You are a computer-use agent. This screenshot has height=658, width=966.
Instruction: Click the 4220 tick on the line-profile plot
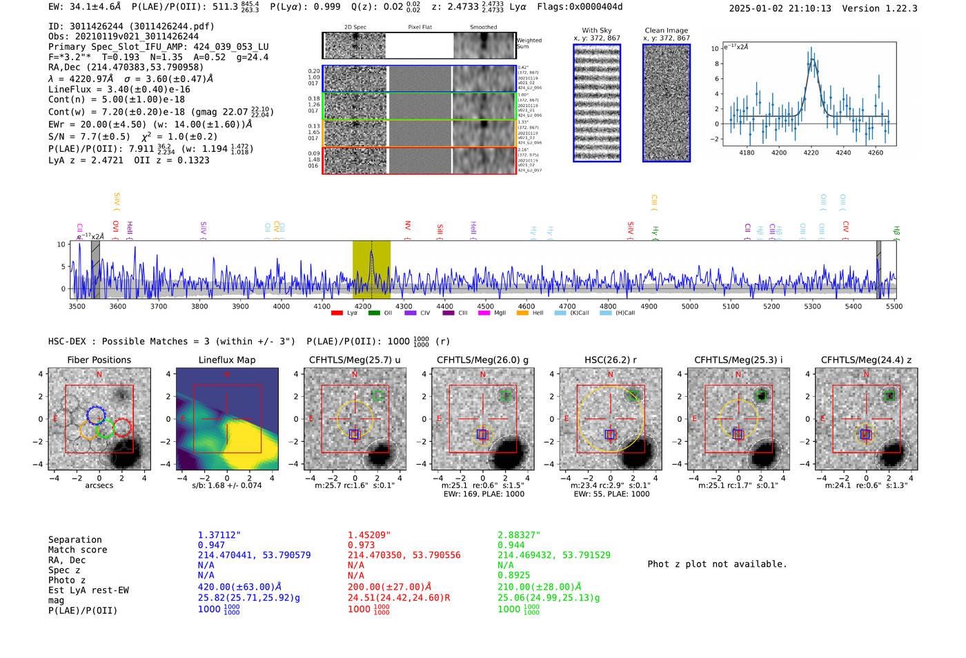tap(811, 153)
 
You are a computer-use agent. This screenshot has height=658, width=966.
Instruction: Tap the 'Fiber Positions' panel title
tap(99, 360)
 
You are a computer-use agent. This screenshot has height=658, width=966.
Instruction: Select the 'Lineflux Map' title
tap(226, 360)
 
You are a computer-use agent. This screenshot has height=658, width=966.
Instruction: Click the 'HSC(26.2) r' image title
tap(610, 360)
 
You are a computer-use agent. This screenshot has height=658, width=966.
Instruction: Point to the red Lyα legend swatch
tap(337, 313)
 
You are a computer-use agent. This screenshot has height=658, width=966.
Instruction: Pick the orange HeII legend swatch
tap(522, 313)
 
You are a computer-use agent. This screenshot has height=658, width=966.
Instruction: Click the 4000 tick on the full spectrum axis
tap(281, 306)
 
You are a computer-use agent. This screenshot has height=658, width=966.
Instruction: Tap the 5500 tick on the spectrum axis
tap(894, 306)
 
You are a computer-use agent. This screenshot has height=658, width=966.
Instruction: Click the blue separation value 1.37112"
tap(219, 535)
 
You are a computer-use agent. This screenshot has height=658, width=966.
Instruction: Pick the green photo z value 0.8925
tap(514, 574)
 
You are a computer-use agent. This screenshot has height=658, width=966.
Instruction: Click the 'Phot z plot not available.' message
tap(717, 564)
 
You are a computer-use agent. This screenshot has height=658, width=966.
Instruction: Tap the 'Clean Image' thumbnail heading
tap(666, 30)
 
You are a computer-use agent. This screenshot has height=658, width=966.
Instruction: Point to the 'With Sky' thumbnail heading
tap(596, 30)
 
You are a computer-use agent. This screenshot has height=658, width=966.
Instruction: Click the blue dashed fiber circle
tap(96, 415)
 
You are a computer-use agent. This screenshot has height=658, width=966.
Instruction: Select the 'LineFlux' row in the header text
tap(119, 89)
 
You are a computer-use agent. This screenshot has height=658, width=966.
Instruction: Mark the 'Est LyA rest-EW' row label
tap(88, 590)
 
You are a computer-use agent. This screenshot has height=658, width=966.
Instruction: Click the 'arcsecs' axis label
tap(99, 485)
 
